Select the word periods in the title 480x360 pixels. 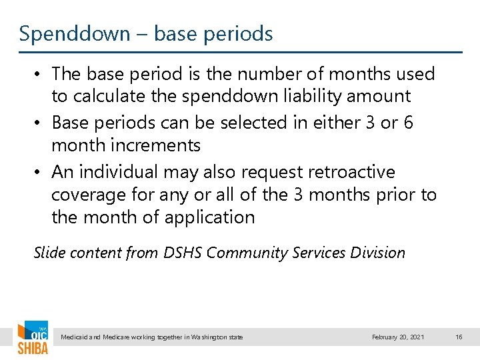point(239,33)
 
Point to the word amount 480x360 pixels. point(377,96)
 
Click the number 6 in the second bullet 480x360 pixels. point(408,123)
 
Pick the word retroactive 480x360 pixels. point(351,172)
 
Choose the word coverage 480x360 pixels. point(89,195)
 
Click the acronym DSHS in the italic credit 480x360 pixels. point(185,253)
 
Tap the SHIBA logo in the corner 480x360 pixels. point(32,339)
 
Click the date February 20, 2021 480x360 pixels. point(397,337)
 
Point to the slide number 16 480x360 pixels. point(459,337)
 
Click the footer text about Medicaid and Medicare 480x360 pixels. point(151,337)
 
